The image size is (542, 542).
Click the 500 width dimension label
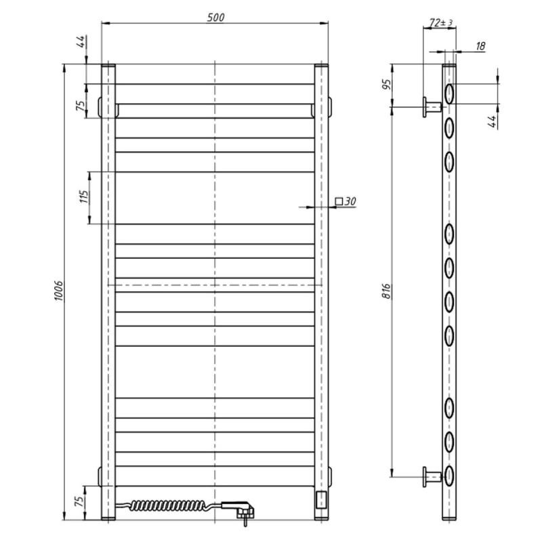(x=215, y=18)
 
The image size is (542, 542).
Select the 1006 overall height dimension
(x=59, y=291)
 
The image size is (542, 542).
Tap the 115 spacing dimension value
(x=84, y=196)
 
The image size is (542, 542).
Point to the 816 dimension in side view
(x=386, y=291)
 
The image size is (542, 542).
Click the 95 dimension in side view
(x=387, y=84)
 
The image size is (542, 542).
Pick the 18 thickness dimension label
(x=480, y=45)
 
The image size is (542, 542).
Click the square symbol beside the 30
(x=339, y=201)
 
